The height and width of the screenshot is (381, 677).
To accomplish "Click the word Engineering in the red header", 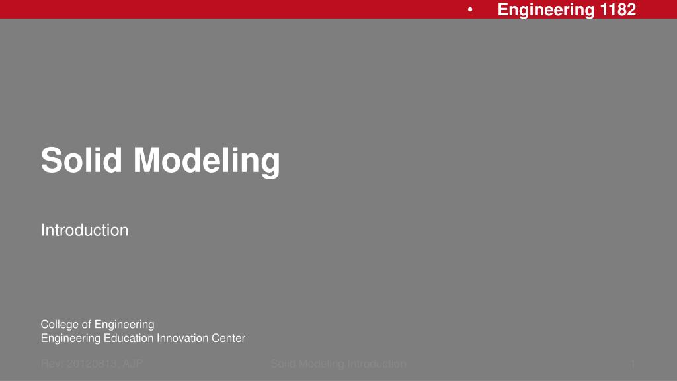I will pos(546,9).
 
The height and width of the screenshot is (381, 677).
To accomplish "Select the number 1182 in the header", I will pos(618,9).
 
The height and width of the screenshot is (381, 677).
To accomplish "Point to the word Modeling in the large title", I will pos(207,161).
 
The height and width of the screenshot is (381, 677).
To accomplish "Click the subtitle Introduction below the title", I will pos(85,230).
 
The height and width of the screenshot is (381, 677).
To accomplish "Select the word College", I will pos(59,324).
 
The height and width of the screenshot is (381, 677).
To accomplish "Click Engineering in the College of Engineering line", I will pos(124,324).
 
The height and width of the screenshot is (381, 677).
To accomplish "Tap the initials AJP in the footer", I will pos(133,364).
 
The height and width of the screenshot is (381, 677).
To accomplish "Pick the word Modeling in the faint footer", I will pos(320,364).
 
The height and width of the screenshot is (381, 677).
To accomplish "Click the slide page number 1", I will pos(633,364).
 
